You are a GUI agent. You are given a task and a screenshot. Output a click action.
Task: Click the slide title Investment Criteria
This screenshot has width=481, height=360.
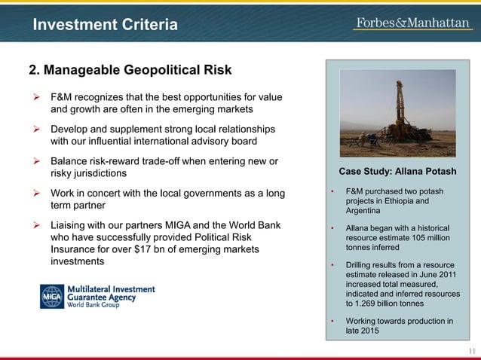tap(105, 26)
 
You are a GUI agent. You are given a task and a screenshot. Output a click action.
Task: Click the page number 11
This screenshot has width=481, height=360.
tap(472, 352)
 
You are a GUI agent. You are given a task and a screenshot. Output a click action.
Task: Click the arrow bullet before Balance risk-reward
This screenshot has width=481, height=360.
tap(34, 162)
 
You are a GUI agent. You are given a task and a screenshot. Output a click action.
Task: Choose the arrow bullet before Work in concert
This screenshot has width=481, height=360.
tap(34, 194)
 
